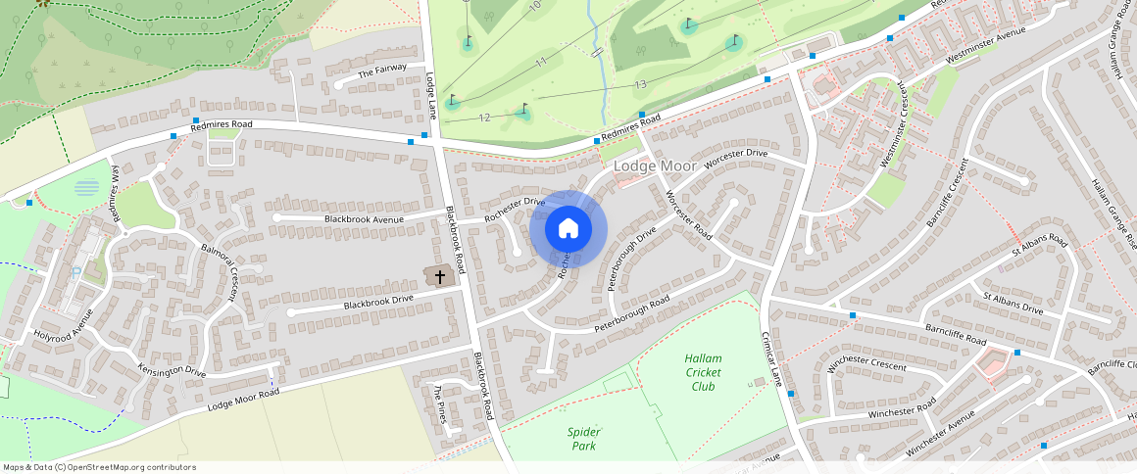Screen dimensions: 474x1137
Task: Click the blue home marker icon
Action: (568, 229)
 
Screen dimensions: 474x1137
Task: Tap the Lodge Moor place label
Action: (655, 166)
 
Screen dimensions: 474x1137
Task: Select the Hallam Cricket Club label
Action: (703, 372)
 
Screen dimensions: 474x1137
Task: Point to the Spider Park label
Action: (583, 439)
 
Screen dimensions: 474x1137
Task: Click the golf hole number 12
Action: (484, 118)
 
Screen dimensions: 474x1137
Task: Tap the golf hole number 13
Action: (640, 85)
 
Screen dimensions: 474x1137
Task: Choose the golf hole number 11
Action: (540, 62)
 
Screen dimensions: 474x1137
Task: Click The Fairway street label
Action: (382, 71)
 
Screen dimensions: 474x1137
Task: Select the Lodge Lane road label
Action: (431, 93)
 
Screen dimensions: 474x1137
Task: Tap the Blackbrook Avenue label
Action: (364, 218)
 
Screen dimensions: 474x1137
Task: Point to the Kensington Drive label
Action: (172, 372)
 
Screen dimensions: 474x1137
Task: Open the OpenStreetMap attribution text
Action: (99, 467)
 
